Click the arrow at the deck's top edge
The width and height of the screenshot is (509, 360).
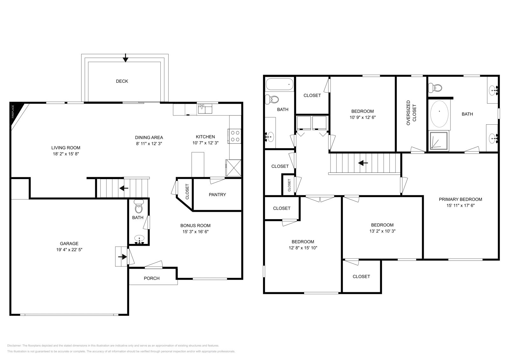126,58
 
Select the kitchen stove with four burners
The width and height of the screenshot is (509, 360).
235,136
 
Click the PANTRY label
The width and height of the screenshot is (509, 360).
217,195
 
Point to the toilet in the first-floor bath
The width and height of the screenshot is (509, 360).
139,207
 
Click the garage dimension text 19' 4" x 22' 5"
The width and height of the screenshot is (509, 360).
69,250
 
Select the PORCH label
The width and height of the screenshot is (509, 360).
152,278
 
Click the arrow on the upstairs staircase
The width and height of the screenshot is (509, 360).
363,163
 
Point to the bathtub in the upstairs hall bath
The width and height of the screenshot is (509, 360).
280,84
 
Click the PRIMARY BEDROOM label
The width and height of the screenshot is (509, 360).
460,199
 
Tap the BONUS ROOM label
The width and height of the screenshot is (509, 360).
195,225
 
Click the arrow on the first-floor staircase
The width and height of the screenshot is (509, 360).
124,188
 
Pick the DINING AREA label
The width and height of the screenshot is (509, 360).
149,137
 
